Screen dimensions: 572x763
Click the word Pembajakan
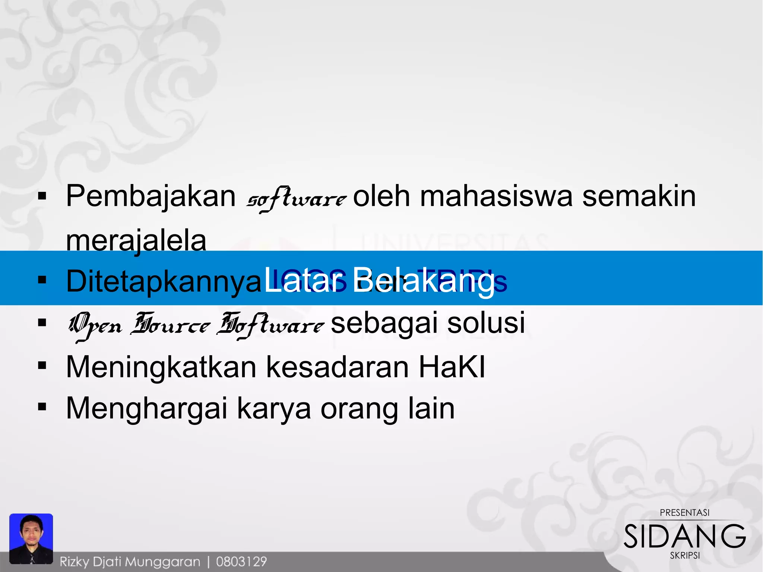click(151, 196)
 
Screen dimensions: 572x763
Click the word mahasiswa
click(496, 196)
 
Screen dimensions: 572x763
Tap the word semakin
click(639, 196)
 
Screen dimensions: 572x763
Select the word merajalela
click(136, 240)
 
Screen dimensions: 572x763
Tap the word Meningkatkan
click(161, 367)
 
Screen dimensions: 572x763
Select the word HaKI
click(452, 367)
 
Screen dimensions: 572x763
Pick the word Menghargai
click(146, 409)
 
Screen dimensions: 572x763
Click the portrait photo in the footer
click(31, 538)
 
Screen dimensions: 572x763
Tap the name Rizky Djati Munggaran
click(130, 562)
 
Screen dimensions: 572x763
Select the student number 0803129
click(241, 562)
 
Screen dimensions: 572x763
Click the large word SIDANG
click(685, 537)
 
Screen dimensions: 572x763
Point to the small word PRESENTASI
click(685, 513)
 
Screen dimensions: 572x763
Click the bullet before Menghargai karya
click(42, 407)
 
